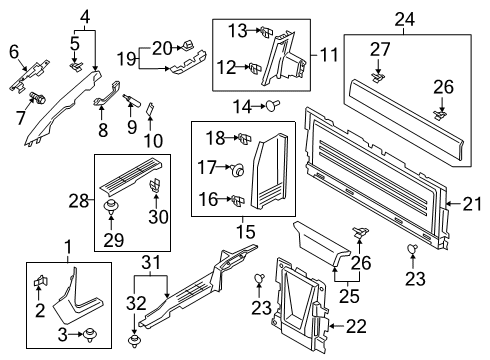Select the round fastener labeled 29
pos(112,209)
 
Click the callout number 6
pos(14,51)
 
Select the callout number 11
pos(327,51)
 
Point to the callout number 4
pos(86,15)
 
